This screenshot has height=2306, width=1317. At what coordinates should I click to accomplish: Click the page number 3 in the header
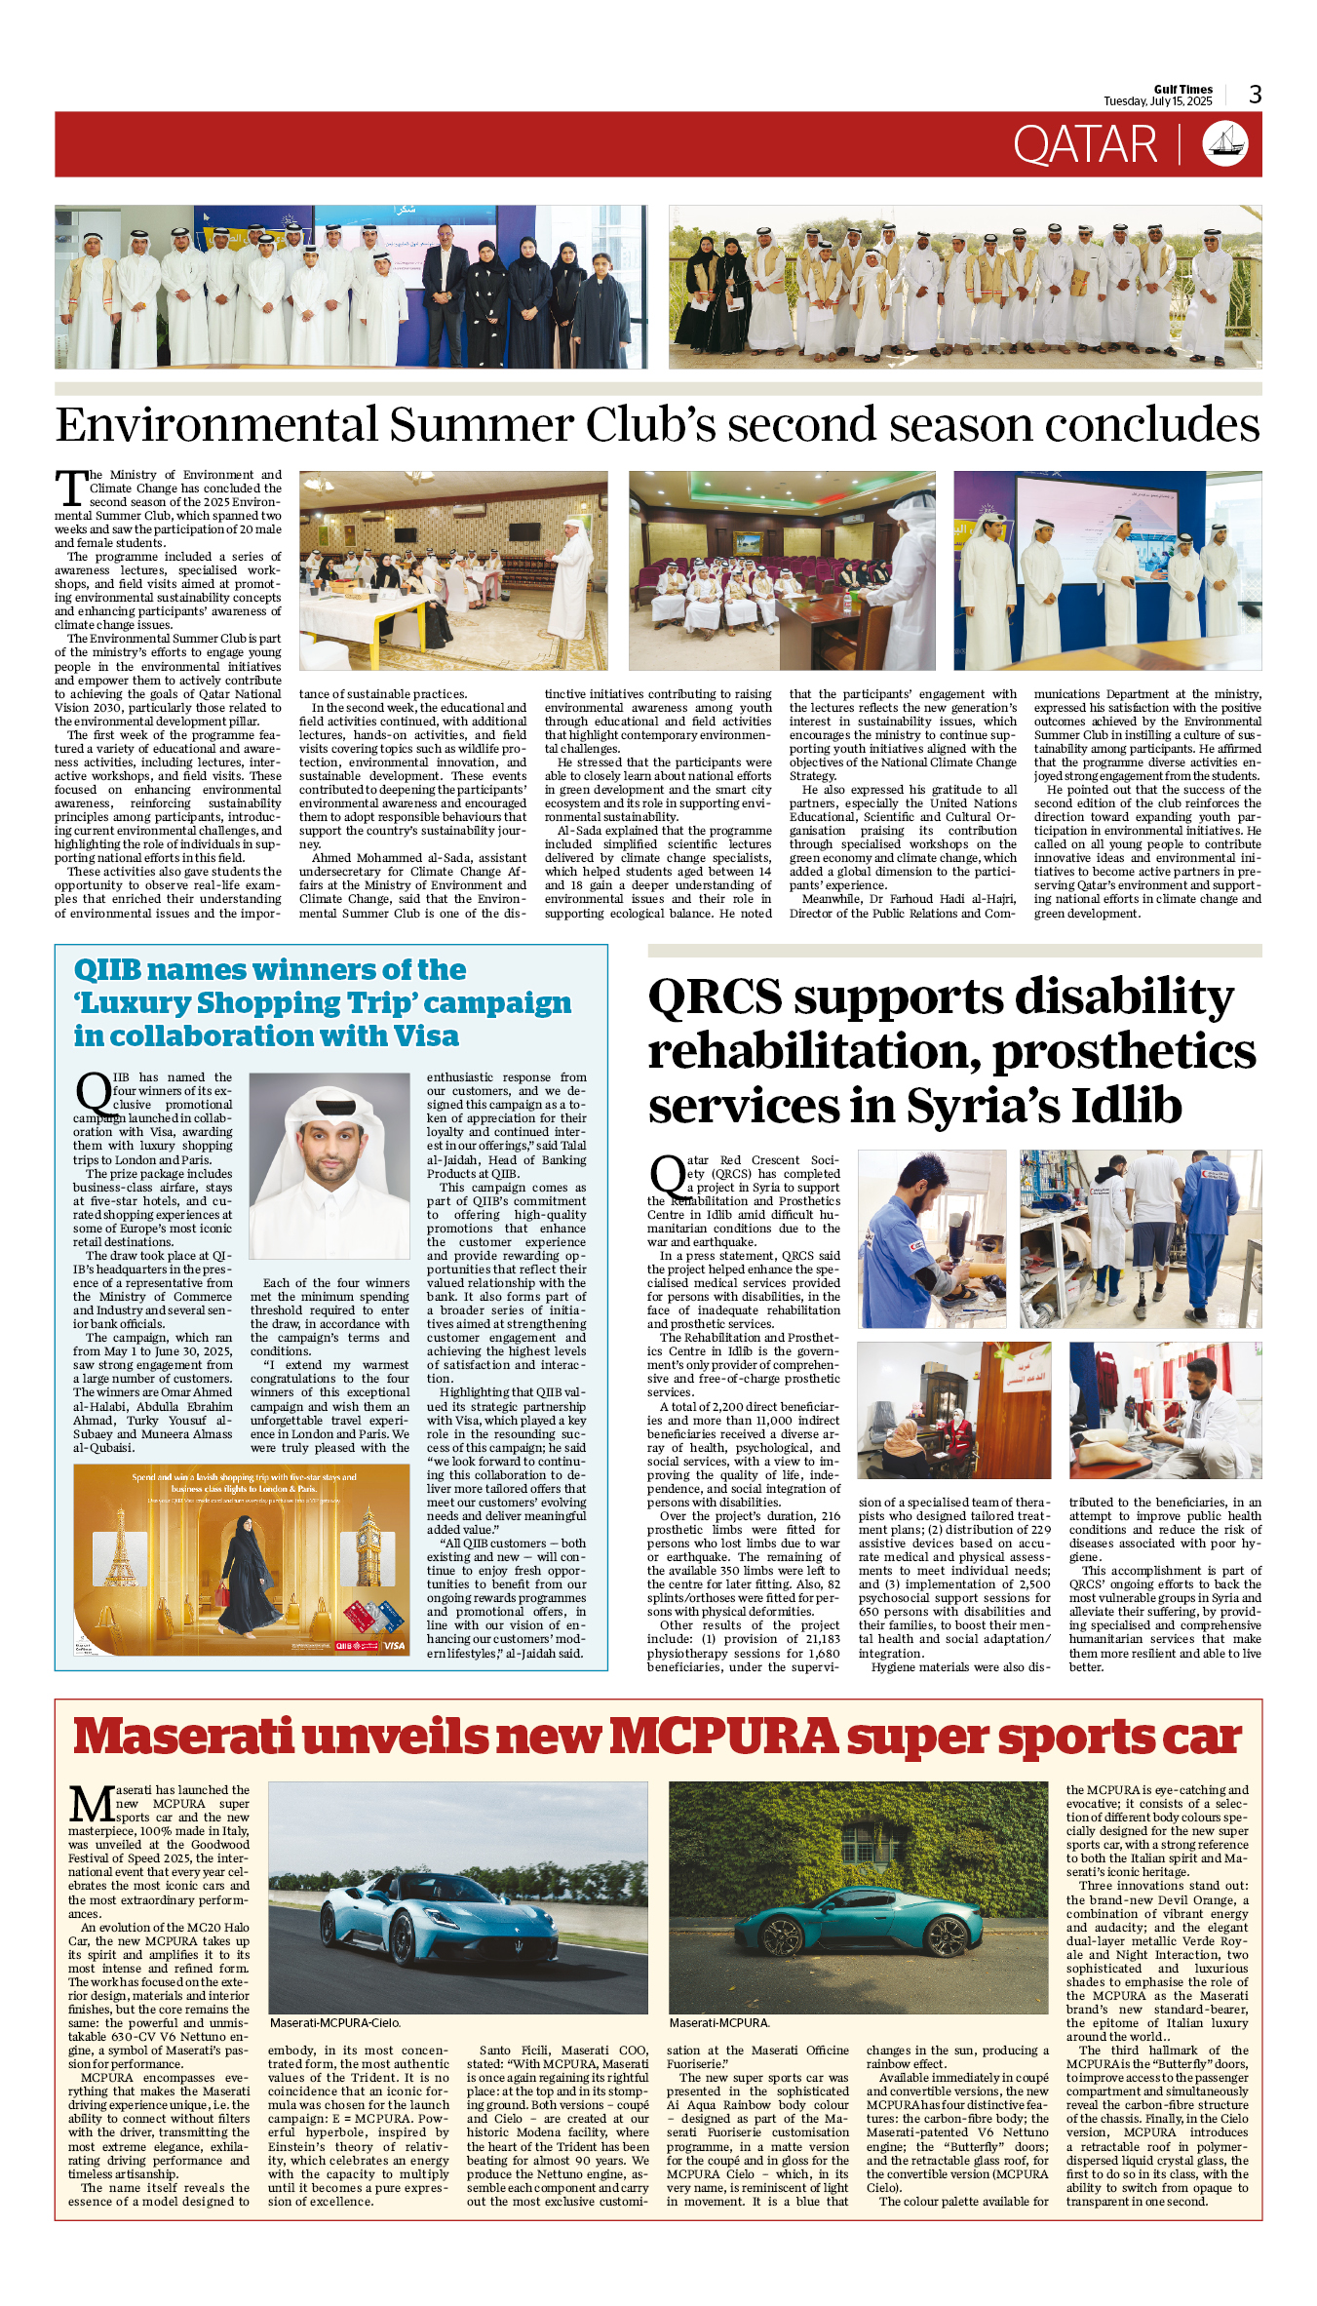tap(1255, 95)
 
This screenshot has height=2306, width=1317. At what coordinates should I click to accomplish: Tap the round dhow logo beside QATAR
tap(1224, 144)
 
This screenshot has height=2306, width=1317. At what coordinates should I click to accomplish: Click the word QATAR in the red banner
tap(1085, 145)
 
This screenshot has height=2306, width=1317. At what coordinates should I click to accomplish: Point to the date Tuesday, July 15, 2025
tap(1157, 101)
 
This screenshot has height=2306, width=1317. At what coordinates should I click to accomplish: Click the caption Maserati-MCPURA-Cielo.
tap(334, 2023)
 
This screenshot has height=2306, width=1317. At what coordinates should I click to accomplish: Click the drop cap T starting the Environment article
tap(71, 489)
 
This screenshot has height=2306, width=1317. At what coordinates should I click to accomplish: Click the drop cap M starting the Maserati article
tap(93, 1804)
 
